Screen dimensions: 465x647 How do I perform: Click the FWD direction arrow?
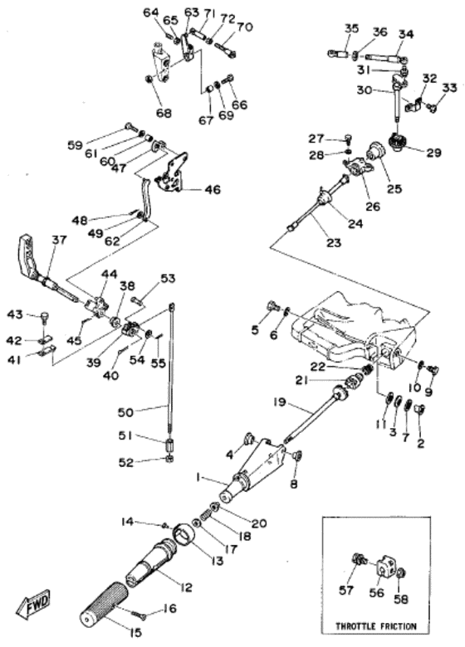pyautogui.click(x=33, y=606)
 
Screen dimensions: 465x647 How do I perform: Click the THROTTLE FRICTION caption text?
pyautogui.click(x=376, y=626)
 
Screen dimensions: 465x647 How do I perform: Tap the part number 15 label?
pyautogui.click(x=136, y=632)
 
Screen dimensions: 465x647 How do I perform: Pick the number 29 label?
pyautogui.click(x=433, y=153)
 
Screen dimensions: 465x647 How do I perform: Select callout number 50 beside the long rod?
pyautogui.click(x=125, y=411)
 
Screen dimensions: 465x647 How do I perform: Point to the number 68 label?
pyautogui.click(x=164, y=113)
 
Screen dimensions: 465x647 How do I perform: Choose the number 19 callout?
pyautogui.click(x=280, y=401)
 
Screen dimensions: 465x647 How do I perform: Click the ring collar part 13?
pyautogui.click(x=184, y=536)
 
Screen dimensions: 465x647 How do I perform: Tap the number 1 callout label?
pyautogui.click(x=199, y=477)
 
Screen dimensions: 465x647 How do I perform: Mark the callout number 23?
pyautogui.click(x=333, y=242)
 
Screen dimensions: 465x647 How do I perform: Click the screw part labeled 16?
pyautogui.click(x=138, y=615)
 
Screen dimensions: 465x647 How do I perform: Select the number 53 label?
pyautogui.click(x=168, y=279)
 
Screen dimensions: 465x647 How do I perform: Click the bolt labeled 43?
pyautogui.click(x=44, y=319)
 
